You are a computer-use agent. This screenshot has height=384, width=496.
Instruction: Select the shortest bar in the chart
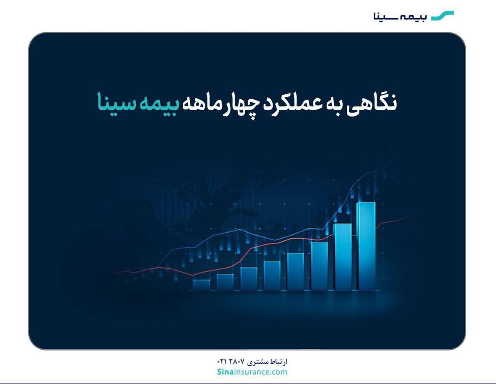coord(201,284)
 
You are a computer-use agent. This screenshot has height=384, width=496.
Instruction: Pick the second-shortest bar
coord(225,281)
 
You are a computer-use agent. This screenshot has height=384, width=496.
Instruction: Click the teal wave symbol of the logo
coord(442,16)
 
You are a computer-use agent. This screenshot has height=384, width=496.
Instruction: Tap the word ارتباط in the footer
coord(277,362)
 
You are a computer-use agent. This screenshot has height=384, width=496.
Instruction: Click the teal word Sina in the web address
coord(226,372)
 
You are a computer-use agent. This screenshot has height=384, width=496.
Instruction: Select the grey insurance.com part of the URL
coord(260,372)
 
